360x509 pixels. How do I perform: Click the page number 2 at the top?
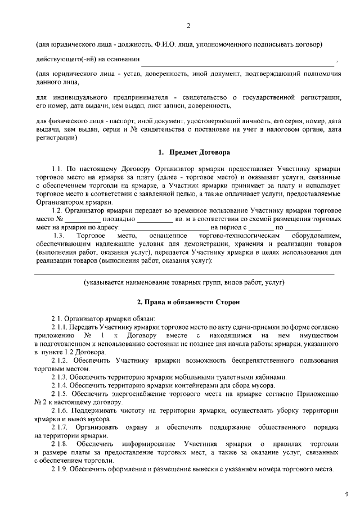[x=188, y=26]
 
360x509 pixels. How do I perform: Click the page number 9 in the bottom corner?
[x=346, y=494]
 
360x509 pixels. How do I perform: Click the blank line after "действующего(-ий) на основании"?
[x=237, y=60]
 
